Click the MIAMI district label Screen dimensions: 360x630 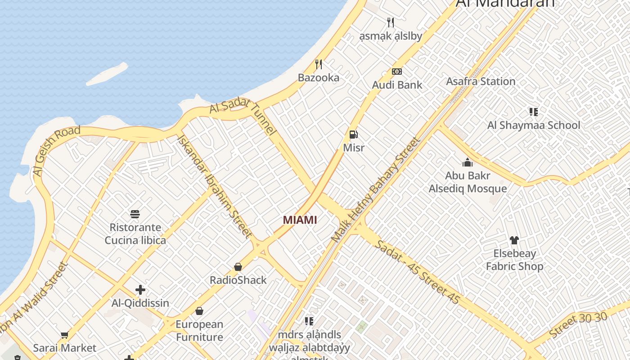pyautogui.click(x=300, y=220)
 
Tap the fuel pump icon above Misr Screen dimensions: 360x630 pyautogui.click(x=354, y=134)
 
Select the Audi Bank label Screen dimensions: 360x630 pyautogui.click(x=397, y=85)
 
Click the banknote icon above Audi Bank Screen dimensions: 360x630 pyautogui.click(x=396, y=72)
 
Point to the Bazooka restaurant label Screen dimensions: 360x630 pyautogui.click(x=319, y=77)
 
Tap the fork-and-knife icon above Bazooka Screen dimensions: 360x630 pyautogui.click(x=319, y=64)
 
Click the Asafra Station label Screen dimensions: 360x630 pyautogui.click(x=481, y=81)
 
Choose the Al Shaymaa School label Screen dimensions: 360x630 pyautogui.click(x=534, y=125)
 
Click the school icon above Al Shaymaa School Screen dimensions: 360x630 pyautogui.click(x=534, y=112)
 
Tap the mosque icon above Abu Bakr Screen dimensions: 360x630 pyautogui.click(x=468, y=162)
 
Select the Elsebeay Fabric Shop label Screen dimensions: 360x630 pyautogui.click(x=514, y=260)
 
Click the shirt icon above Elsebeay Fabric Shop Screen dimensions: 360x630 pyautogui.click(x=514, y=240)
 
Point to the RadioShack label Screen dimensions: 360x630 pyautogui.click(x=238, y=280)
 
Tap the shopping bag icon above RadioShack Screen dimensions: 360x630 pyautogui.click(x=238, y=267)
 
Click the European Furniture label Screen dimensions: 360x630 pyautogui.click(x=199, y=330)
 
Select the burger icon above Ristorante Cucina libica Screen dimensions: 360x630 pyautogui.click(x=135, y=214)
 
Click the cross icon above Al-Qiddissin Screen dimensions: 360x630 pyautogui.click(x=140, y=290)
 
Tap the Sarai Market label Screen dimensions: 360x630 pyautogui.click(x=65, y=348)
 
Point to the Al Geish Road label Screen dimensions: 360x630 pyautogui.click(x=57, y=151)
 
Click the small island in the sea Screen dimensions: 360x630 pyautogui.click(x=107, y=74)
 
